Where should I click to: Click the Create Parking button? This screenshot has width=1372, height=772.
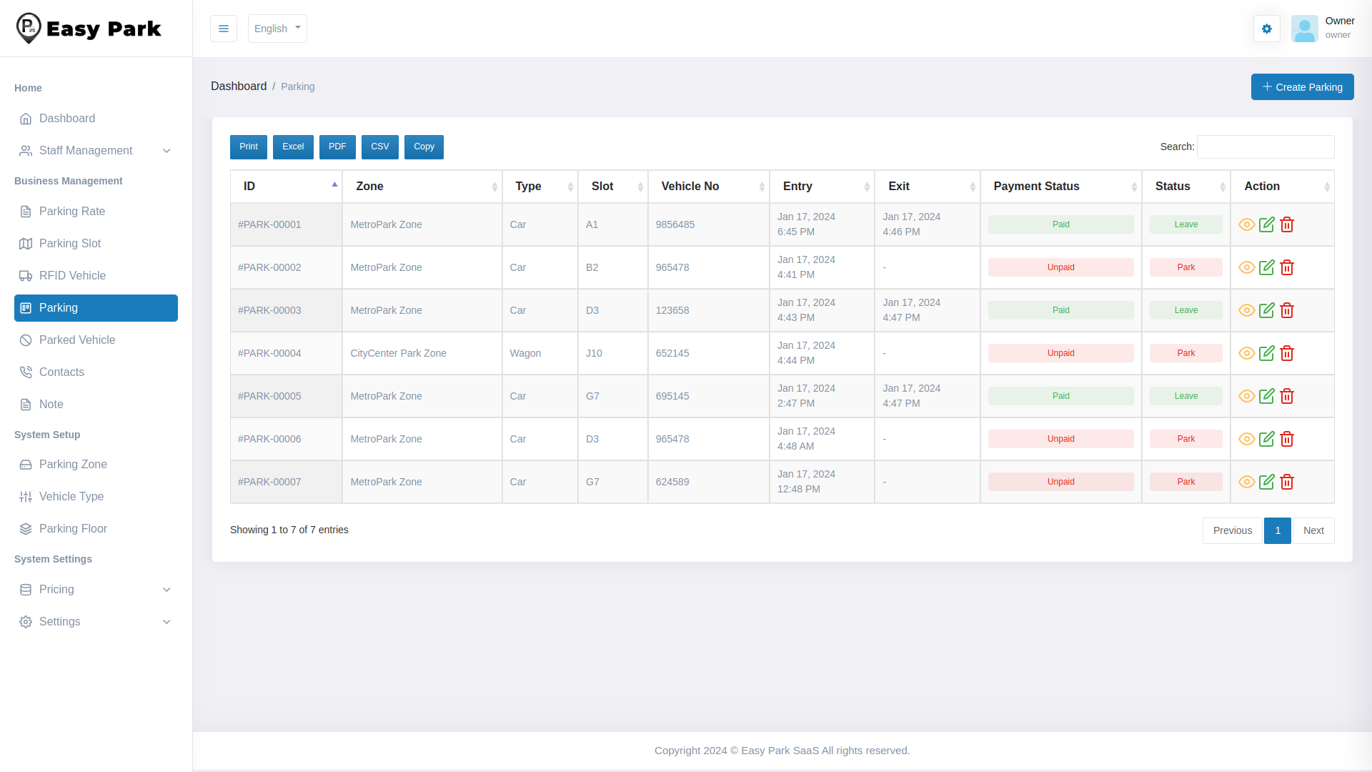pyautogui.click(x=1302, y=86)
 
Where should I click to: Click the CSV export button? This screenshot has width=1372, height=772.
pyautogui.click(x=379, y=147)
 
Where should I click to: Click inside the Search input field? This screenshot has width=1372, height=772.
pyautogui.click(x=1265, y=147)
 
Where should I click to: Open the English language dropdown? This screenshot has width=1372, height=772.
pyautogui.click(x=277, y=29)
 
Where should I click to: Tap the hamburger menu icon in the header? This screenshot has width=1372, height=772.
pyautogui.click(x=224, y=29)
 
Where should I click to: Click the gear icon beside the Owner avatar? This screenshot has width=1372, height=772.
pyautogui.click(x=1266, y=29)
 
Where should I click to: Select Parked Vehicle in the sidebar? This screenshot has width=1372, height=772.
pyautogui.click(x=77, y=340)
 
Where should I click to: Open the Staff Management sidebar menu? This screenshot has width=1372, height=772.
pyautogui.click(x=86, y=151)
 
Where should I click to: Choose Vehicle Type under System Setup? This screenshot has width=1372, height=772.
pyautogui.click(x=71, y=497)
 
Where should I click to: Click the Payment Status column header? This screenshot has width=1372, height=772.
pyautogui.click(x=1036, y=187)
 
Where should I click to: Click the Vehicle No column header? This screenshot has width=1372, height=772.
pyautogui.click(x=690, y=187)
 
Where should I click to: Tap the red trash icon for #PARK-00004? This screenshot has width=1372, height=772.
pyautogui.click(x=1287, y=353)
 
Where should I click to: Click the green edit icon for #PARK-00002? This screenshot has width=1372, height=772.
pyautogui.click(x=1267, y=267)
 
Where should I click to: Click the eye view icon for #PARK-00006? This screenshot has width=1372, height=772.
pyautogui.click(x=1246, y=439)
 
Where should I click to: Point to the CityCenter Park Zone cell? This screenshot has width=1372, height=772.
pyautogui.click(x=398, y=353)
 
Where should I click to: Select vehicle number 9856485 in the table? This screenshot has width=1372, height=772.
pyautogui.click(x=675, y=224)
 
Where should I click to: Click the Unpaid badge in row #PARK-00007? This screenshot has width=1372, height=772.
pyautogui.click(x=1060, y=482)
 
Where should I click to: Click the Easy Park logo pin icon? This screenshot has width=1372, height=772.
pyautogui.click(x=29, y=28)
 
